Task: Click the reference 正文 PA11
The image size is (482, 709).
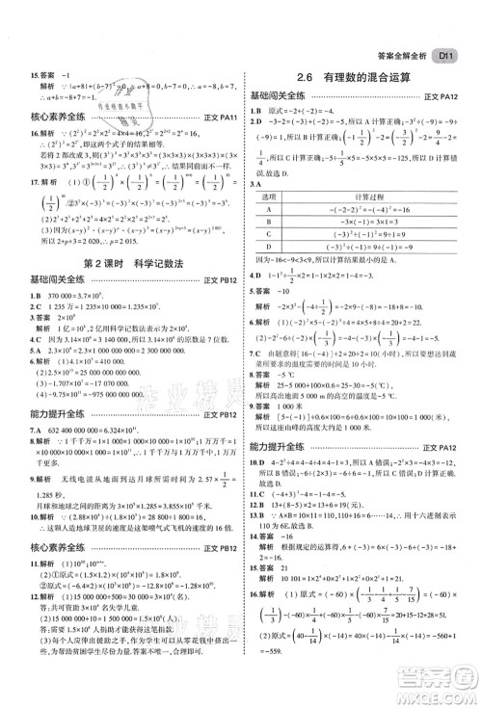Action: [218, 118]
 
